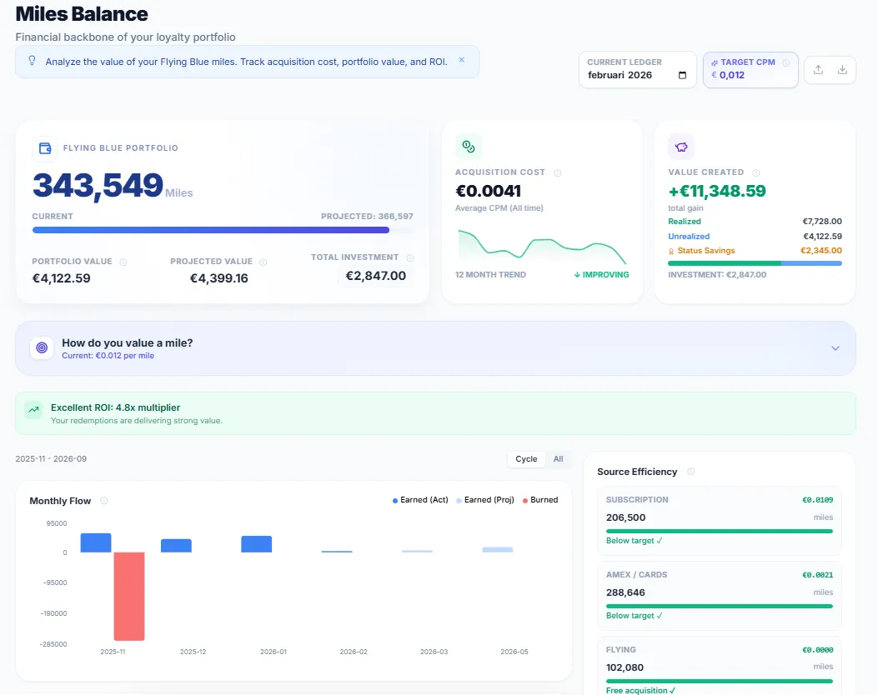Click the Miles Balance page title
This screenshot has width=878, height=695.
(82, 14)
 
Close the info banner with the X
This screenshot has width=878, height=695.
(461, 60)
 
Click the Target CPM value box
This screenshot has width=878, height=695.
(750, 70)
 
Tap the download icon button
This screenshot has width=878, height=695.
(842, 70)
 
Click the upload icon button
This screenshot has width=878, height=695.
(818, 70)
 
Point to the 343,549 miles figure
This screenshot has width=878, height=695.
(98, 186)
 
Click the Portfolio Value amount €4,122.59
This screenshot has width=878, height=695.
(61, 278)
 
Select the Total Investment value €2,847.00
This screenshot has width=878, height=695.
(375, 276)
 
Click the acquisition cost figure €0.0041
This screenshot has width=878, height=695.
(488, 191)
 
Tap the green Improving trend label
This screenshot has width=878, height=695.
(601, 275)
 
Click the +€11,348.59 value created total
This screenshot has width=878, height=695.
(716, 191)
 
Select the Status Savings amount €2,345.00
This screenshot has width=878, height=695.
(820, 251)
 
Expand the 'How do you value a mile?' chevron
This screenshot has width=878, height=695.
(835, 348)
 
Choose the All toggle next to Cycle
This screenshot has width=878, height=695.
(558, 459)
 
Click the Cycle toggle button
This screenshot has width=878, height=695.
(526, 459)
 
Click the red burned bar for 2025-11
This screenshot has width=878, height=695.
(129, 596)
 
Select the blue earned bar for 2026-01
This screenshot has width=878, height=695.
(256, 544)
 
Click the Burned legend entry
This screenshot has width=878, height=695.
(539, 500)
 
